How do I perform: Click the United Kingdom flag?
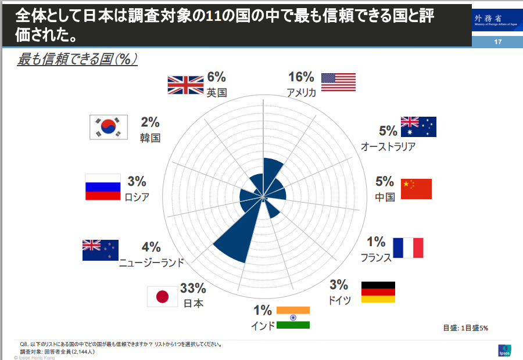(185, 85)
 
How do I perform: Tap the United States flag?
(338, 82)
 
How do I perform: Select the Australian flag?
(418, 127)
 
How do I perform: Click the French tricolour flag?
(408, 248)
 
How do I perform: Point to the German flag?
(378, 292)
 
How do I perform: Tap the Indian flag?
(293, 318)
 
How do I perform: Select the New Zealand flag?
(101, 250)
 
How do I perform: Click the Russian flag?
(103, 187)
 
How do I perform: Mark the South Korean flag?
(108, 127)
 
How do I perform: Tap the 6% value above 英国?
(216, 77)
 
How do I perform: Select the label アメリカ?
(301, 92)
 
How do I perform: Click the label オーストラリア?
(388, 146)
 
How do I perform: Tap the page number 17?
(497, 42)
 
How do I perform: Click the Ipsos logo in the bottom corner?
(504, 351)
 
